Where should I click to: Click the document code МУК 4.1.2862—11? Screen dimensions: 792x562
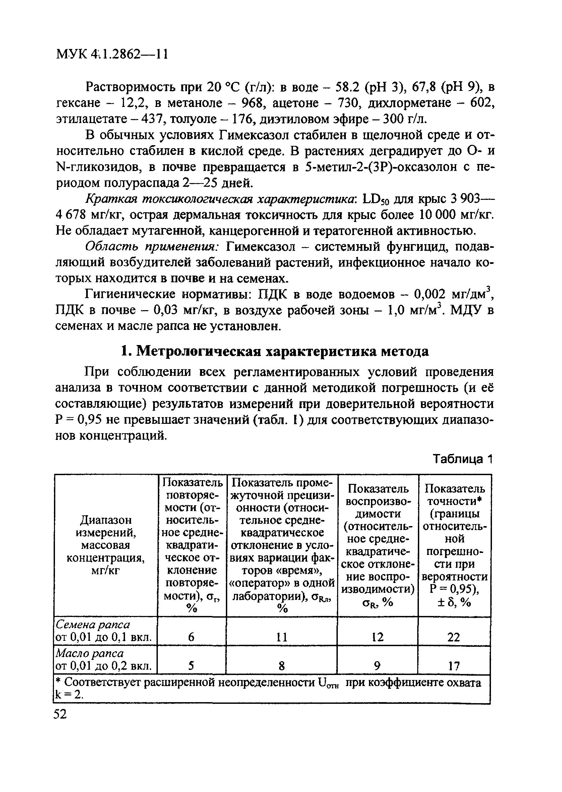[x=112, y=54]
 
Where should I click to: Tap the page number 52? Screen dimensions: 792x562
[x=60, y=714]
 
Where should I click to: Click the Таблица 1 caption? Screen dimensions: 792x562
[x=462, y=459]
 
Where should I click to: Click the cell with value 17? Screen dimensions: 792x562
[x=454, y=666]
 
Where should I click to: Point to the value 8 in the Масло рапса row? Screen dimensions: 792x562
[x=282, y=666]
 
